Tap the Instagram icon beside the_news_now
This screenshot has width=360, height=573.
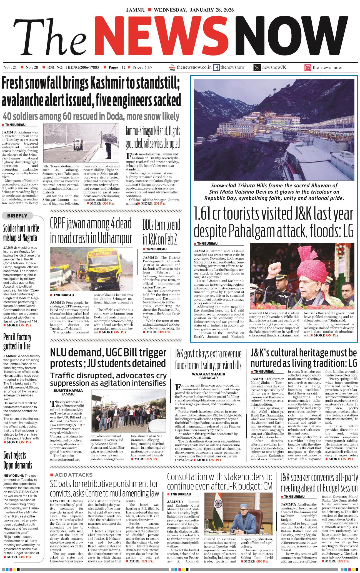click(x=307, y=67)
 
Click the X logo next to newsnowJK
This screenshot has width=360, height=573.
click(x=257, y=67)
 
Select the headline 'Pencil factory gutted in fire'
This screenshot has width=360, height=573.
click(x=17, y=341)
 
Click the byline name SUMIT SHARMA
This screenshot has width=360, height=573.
click(x=68, y=390)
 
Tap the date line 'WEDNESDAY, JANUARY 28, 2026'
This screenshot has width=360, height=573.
click(x=194, y=10)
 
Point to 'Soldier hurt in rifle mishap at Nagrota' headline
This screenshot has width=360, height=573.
click(x=21, y=233)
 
